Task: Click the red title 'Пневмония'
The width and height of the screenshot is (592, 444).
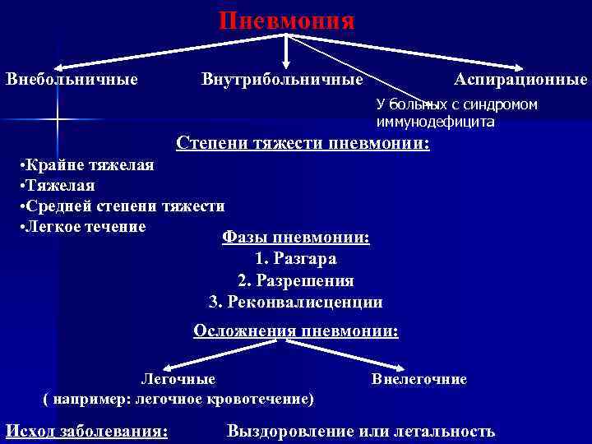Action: click(x=287, y=21)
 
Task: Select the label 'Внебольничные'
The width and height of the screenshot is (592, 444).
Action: click(x=72, y=80)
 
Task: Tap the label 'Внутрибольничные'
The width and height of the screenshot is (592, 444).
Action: click(x=282, y=80)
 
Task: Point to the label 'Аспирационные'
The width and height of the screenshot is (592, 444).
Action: click(x=520, y=80)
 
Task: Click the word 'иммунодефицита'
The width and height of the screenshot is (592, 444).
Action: click(x=435, y=123)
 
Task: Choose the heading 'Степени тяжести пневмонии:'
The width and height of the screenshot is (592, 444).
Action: click(x=303, y=143)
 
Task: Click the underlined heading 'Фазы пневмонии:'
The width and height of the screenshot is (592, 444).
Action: click(x=296, y=238)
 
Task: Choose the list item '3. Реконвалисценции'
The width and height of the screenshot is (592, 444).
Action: click(x=296, y=302)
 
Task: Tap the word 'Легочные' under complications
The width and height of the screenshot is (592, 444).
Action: click(x=178, y=379)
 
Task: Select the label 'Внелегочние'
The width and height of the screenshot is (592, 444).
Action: click(x=419, y=379)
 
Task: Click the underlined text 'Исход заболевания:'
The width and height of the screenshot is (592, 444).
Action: click(x=87, y=431)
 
